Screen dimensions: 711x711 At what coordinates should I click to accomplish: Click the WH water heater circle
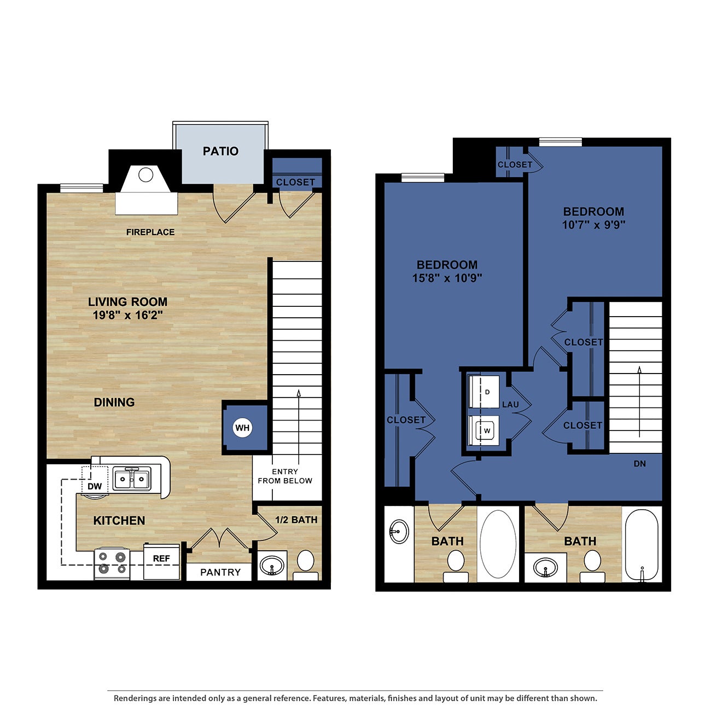click(x=242, y=428)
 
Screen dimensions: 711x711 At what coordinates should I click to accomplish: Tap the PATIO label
click(x=220, y=151)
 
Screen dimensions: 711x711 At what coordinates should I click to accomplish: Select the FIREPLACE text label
click(x=150, y=232)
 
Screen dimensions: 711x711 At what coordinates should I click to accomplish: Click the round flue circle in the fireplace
click(x=146, y=175)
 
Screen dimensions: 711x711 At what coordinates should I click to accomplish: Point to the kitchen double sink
click(x=132, y=480)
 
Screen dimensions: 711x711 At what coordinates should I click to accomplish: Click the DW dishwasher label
click(x=95, y=486)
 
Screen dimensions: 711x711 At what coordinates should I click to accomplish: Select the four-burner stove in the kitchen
click(x=112, y=564)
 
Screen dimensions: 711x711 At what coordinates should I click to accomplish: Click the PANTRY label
click(x=220, y=572)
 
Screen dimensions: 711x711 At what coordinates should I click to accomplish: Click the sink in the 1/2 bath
click(x=271, y=566)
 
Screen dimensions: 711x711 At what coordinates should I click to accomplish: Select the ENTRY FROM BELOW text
click(x=285, y=476)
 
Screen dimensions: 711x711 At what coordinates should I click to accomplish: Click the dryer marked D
click(x=485, y=392)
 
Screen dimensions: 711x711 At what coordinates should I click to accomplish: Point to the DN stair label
click(x=639, y=464)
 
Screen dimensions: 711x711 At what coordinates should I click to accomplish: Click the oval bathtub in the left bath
click(x=498, y=544)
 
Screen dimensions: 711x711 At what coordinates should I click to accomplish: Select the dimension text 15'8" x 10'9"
click(x=447, y=278)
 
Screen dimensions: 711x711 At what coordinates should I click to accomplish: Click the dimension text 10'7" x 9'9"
click(x=593, y=225)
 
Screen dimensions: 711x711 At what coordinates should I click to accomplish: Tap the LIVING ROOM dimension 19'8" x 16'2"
click(x=128, y=315)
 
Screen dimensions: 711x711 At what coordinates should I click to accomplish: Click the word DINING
click(x=114, y=403)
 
